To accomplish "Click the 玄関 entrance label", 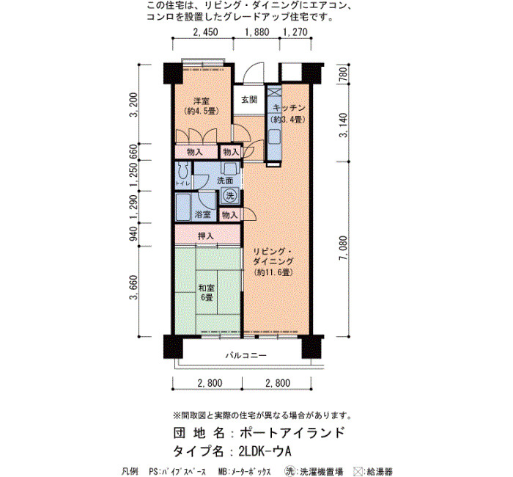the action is coord(249,100).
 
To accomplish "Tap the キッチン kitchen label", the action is coord(289,108).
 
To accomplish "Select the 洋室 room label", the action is coord(202,101).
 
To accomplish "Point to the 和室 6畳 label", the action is coord(207,293).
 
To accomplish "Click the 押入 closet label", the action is coord(206,236).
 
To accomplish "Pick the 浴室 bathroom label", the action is coord(203,214).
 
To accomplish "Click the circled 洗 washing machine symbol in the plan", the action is coord(230,196).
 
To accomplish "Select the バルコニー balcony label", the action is coord(246,355).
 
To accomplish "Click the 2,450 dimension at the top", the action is coord(205,32).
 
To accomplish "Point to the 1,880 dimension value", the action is coord(257,32).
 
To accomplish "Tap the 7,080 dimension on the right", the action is coord(343,248).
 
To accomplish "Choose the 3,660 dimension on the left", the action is coord(133,288).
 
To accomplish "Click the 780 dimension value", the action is coord(343,74).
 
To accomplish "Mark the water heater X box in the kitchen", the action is coord(275,92).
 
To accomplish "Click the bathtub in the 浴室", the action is coord(183,208).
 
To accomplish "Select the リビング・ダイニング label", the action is coord(273,257).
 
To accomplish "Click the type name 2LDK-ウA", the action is coord(265,451).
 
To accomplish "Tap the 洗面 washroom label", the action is coord(225,181).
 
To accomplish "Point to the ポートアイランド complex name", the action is coord(292,433).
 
